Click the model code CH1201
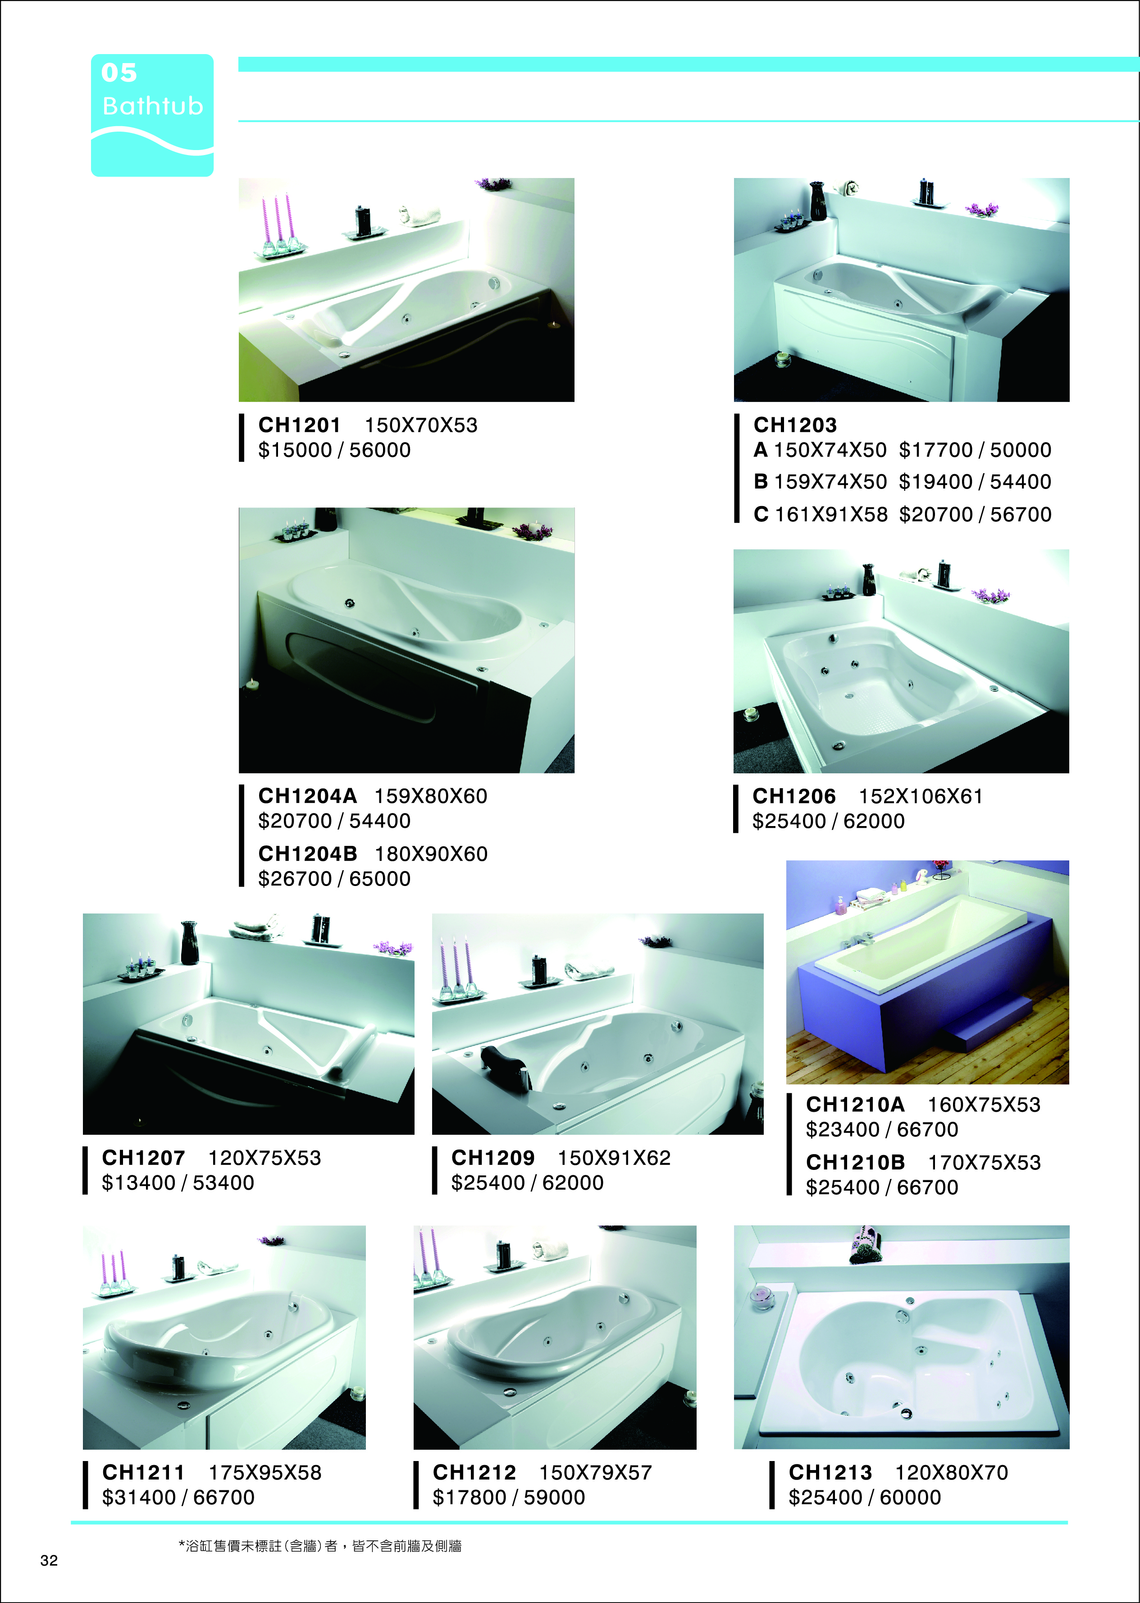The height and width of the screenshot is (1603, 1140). point(299,425)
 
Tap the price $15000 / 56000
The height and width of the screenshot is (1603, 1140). point(334,450)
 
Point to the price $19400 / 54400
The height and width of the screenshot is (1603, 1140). point(975,482)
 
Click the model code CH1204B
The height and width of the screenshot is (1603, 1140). point(307,854)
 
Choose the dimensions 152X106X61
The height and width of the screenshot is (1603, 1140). point(920,796)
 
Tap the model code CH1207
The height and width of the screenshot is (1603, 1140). point(143,1158)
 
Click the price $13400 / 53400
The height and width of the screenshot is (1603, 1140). point(178,1183)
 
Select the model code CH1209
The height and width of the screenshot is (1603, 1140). point(493,1158)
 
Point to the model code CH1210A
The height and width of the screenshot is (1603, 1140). point(855,1105)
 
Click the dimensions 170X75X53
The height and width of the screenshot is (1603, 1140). point(984,1163)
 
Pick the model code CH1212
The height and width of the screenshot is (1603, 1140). point(474,1472)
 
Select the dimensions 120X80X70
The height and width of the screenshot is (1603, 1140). point(951,1472)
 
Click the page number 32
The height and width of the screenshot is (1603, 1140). point(49,1560)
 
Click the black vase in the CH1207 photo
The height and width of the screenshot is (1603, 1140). point(190,943)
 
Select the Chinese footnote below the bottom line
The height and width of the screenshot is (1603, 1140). point(320,1545)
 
